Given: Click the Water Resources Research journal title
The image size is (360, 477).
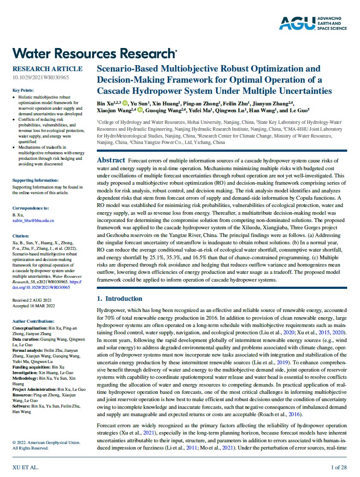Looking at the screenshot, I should click(95, 53).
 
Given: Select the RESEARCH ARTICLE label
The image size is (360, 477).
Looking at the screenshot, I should click(48, 69).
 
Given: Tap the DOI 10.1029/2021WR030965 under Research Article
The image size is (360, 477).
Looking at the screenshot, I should click(41, 78).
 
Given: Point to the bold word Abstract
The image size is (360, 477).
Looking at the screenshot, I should click(111, 160).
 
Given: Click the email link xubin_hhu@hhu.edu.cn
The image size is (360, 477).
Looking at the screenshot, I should click(33, 220).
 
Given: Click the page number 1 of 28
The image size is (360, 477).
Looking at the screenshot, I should click(339, 467).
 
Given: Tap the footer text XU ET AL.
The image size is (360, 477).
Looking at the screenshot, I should click(25, 467).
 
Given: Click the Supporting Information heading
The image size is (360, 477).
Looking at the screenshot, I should click(36, 180).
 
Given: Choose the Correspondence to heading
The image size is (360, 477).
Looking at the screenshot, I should click(30, 208).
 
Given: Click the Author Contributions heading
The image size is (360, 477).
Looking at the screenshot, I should click(33, 321).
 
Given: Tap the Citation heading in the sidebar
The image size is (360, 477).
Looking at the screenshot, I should click(21, 236).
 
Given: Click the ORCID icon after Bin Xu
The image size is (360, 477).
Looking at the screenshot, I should click(125, 103).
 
